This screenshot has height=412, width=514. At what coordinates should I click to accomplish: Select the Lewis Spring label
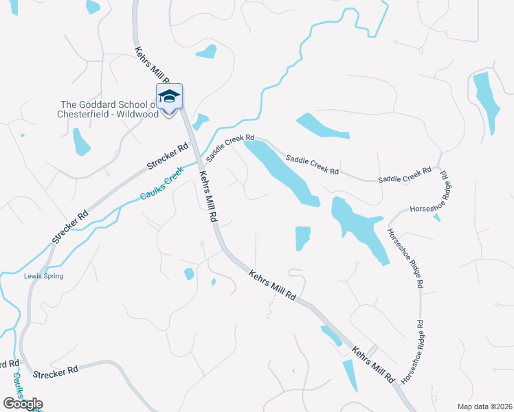click(x=44, y=276)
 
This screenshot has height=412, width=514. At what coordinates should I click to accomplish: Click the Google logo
click(x=23, y=404)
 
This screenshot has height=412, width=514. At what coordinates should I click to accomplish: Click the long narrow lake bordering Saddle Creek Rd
click(x=282, y=172)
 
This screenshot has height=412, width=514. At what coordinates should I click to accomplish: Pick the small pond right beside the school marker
click(x=200, y=122)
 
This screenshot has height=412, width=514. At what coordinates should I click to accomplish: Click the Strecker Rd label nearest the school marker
click(x=168, y=157)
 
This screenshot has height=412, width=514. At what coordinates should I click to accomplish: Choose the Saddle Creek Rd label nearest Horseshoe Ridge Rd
click(x=405, y=174)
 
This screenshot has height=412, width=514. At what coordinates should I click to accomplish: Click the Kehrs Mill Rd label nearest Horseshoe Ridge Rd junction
click(x=373, y=365)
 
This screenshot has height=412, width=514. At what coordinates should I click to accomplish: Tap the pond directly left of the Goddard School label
click(x=82, y=141)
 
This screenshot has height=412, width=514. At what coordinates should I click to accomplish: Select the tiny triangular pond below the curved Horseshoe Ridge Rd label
click(x=437, y=218)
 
